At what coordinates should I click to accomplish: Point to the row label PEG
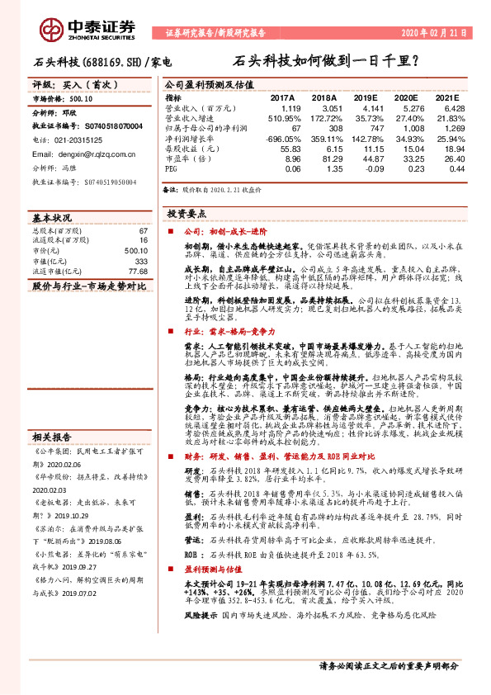[x=171, y=168]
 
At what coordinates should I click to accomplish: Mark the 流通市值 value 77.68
[x=138, y=271]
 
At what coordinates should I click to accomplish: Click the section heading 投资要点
[x=190, y=213]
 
